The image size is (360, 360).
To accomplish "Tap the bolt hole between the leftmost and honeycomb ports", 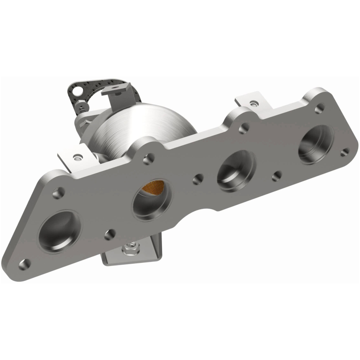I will [x=108, y=234].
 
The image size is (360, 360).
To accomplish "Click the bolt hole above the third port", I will [x=244, y=128].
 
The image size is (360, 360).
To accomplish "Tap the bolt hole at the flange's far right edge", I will [x=344, y=152].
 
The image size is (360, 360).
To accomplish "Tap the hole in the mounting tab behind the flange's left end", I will [x=78, y=157].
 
